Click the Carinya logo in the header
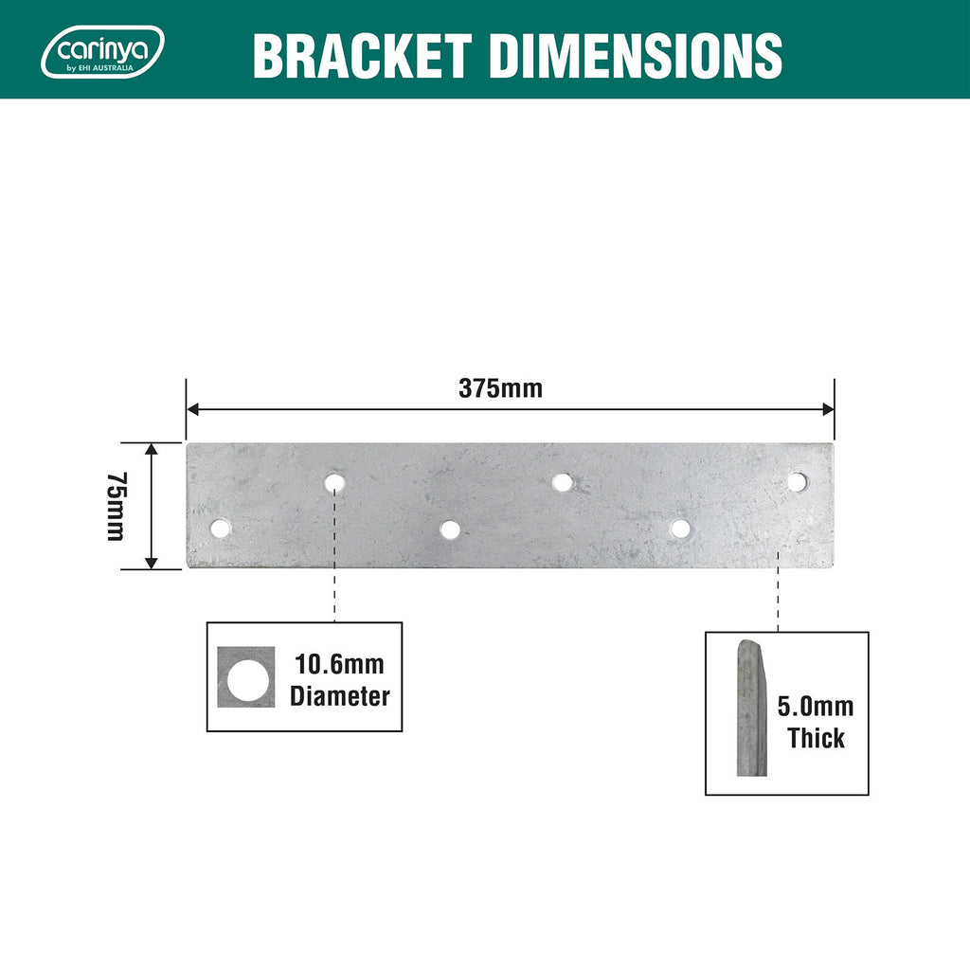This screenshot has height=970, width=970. point(102,52)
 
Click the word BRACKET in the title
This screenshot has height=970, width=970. point(363,56)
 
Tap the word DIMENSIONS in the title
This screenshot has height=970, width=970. point(636,56)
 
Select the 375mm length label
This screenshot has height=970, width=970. point(500,388)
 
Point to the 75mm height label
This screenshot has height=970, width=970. point(117,507)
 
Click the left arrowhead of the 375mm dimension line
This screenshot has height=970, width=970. point(192,409)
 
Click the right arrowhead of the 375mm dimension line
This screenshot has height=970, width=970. point(828,409)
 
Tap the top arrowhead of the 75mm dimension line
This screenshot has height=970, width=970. point(152,449)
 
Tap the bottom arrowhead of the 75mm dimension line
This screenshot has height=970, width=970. point(152,563)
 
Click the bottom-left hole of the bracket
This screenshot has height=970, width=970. point(220,529)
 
